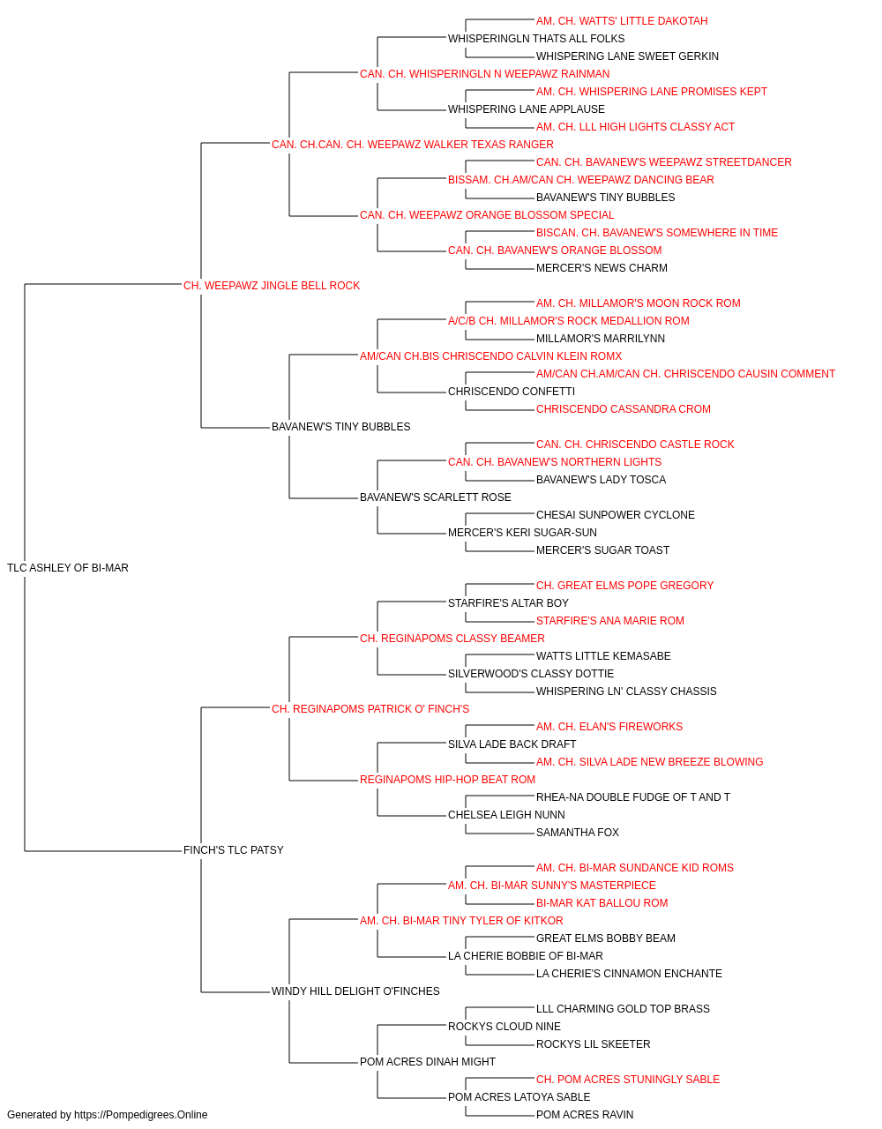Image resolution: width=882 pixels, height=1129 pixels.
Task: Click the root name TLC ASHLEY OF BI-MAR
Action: [68, 568]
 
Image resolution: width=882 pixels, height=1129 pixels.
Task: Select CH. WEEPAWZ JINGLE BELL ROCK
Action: [271, 286]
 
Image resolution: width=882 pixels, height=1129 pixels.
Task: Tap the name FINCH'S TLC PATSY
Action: [233, 850]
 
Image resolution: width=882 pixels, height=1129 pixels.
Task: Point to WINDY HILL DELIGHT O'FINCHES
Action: [355, 991]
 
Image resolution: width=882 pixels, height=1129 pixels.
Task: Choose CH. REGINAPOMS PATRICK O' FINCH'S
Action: [370, 709]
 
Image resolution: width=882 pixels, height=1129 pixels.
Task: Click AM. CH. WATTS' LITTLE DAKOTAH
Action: [622, 21]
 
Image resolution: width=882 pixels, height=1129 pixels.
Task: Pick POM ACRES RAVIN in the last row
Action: [585, 1115]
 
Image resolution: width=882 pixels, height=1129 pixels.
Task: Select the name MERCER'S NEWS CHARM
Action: [602, 268]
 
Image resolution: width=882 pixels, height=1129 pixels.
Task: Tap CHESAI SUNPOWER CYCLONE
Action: [615, 515]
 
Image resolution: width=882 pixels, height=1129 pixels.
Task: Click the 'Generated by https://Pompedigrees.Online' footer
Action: [107, 1115]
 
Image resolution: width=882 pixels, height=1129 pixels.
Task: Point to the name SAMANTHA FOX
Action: [577, 833]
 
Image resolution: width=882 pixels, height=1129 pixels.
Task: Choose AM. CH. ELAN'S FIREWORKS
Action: [609, 727]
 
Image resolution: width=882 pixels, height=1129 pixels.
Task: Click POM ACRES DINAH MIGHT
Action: [428, 1062]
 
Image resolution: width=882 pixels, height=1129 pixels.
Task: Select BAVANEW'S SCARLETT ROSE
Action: [436, 497]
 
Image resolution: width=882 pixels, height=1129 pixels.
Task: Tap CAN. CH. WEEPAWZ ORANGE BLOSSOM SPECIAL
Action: [487, 215]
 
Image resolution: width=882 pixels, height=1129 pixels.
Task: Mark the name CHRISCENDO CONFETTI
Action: [512, 392]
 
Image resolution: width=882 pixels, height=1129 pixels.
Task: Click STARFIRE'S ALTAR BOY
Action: [508, 603]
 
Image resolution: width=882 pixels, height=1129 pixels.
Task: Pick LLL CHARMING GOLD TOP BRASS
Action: [623, 1009]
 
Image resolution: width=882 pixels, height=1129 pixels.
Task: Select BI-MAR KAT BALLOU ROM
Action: [602, 903]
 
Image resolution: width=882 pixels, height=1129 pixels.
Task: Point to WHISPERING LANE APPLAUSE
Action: [527, 109]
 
